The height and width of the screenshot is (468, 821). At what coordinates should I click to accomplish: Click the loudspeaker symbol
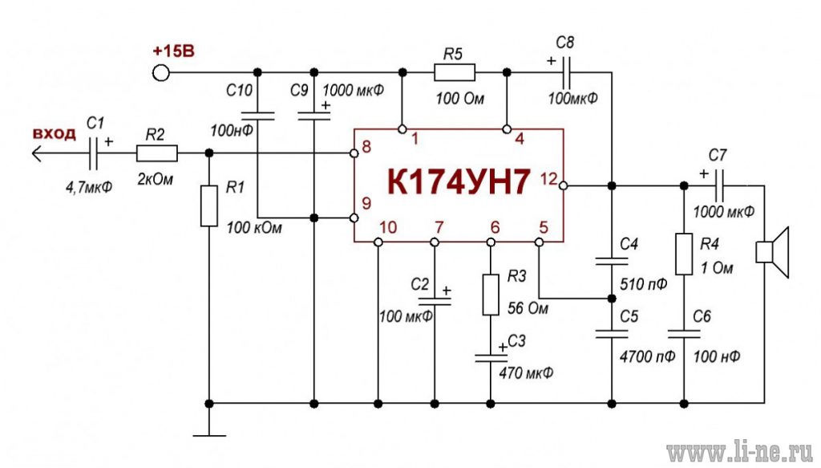tap(772, 253)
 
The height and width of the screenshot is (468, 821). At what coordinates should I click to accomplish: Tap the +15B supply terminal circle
tap(160, 72)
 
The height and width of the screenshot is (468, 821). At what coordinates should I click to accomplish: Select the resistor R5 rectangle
tap(455, 72)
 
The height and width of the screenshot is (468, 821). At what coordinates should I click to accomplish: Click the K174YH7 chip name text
tap(459, 181)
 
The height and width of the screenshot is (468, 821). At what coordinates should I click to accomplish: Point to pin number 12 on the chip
tap(548, 179)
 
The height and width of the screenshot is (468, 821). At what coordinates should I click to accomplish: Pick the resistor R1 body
tap(209, 206)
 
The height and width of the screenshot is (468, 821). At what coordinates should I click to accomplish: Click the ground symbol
tap(209, 436)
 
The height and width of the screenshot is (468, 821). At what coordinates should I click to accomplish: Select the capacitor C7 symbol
tap(719, 185)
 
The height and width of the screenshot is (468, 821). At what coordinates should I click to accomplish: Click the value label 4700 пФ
tap(647, 357)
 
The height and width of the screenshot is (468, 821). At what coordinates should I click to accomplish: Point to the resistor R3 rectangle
tap(490, 294)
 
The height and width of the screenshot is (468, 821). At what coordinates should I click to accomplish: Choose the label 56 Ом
tap(528, 308)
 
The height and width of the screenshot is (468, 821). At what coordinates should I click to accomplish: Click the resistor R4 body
tap(684, 254)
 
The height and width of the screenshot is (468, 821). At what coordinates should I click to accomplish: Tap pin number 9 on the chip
tap(366, 203)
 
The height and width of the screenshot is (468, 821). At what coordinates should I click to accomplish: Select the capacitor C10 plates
tap(257, 116)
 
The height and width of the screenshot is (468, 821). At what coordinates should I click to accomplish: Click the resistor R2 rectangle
tap(156, 153)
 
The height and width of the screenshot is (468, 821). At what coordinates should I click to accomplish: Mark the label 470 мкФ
tap(526, 373)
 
